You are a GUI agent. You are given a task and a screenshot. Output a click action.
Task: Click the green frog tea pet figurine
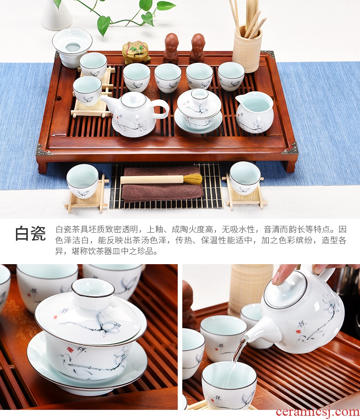click(x=136, y=52)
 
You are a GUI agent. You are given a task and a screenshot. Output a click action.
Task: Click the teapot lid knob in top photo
click(x=134, y=96)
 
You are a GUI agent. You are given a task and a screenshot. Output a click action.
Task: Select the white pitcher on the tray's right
click(x=254, y=112)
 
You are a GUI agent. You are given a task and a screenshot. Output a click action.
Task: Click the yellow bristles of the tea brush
click(x=193, y=179)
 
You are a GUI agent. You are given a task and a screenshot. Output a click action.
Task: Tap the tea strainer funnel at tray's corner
click(x=72, y=47)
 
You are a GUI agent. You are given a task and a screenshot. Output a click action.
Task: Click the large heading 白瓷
click(x=30, y=233)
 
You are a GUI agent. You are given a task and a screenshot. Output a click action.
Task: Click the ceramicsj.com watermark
click(x=317, y=412)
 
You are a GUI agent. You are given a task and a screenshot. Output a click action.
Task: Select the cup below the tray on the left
click(x=82, y=181)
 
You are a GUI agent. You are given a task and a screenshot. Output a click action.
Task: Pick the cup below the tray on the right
click(x=245, y=178)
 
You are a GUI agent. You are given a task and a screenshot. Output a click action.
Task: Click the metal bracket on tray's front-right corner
click(x=290, y=148)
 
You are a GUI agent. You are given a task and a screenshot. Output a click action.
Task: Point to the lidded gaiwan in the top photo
click(x=199, y=111)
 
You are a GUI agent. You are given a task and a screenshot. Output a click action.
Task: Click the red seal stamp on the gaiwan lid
click(x=55, y=317)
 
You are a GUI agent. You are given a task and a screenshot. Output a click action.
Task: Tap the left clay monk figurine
click(x=171, y=48)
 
